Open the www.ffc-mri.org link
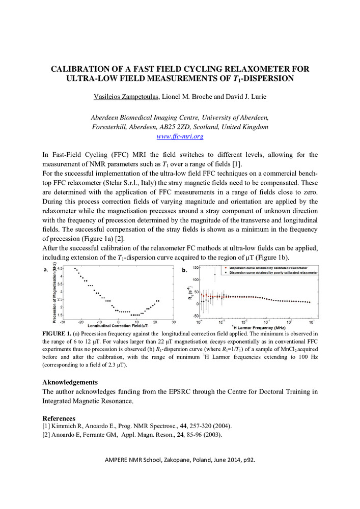[x=180, y=136]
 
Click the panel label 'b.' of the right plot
[x=184, y=271]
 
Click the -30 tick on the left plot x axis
[x=63, y=322]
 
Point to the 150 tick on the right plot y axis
[x=195, y=267]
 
